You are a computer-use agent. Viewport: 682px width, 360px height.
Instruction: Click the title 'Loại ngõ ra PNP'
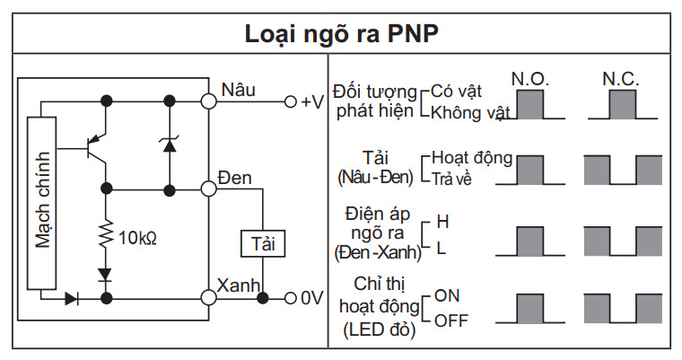[x=342, y=34]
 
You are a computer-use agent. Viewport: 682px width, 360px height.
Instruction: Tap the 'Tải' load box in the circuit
[x=261, y=244]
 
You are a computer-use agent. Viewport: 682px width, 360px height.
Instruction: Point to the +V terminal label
[x=311, y=101]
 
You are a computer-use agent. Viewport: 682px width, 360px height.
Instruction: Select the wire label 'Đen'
[x=236, y=178]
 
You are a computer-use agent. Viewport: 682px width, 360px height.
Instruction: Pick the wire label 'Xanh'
[x=239, y=285]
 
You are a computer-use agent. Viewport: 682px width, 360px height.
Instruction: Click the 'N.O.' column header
[x=529, y=79]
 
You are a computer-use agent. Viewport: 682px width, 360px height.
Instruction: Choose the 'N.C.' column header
[x=620, y=79]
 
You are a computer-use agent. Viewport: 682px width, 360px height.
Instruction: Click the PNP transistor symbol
[x=94, y=147]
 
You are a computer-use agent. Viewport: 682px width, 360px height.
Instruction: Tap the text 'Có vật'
[x=456, y=92]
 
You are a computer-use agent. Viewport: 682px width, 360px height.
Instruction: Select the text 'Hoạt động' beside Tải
[x=472, y=158]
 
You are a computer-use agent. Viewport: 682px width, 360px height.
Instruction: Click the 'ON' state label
[x=447, y=294]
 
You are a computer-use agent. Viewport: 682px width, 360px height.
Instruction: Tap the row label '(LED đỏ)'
[x=380, y=330]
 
